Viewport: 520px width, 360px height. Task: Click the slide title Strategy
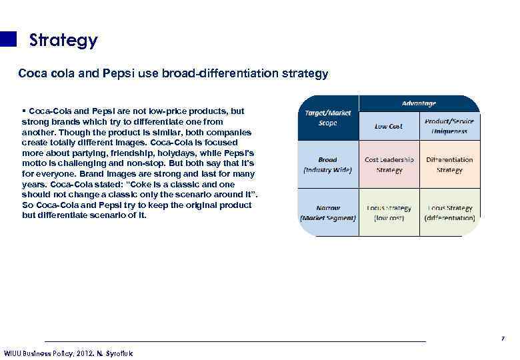(x=63, y=41)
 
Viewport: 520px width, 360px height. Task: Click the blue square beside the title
(x=8, y=39)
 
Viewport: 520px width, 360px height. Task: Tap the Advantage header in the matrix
(x=419, y=103)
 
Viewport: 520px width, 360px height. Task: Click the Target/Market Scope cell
(x=327, y=118)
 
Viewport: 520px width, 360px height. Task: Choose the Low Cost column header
(x=389, y=125)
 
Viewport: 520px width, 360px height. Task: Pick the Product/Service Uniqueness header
(x=449, y=125)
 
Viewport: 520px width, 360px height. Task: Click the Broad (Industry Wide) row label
(x=327, y=165)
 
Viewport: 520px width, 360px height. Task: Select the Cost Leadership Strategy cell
(x=389, y=165)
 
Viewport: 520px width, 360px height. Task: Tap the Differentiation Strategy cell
(x=449, y=165)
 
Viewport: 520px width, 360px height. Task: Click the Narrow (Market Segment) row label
(x=327, y=213)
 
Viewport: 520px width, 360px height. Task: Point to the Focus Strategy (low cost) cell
(x=389, y=213)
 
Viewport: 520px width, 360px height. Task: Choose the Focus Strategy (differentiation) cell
(x=449, y=213)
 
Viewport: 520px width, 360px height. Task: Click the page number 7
(x=503, y=339)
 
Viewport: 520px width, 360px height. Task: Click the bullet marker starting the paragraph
(x=24, y=109)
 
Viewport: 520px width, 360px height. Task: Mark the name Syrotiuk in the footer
(x=118, y=353)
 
